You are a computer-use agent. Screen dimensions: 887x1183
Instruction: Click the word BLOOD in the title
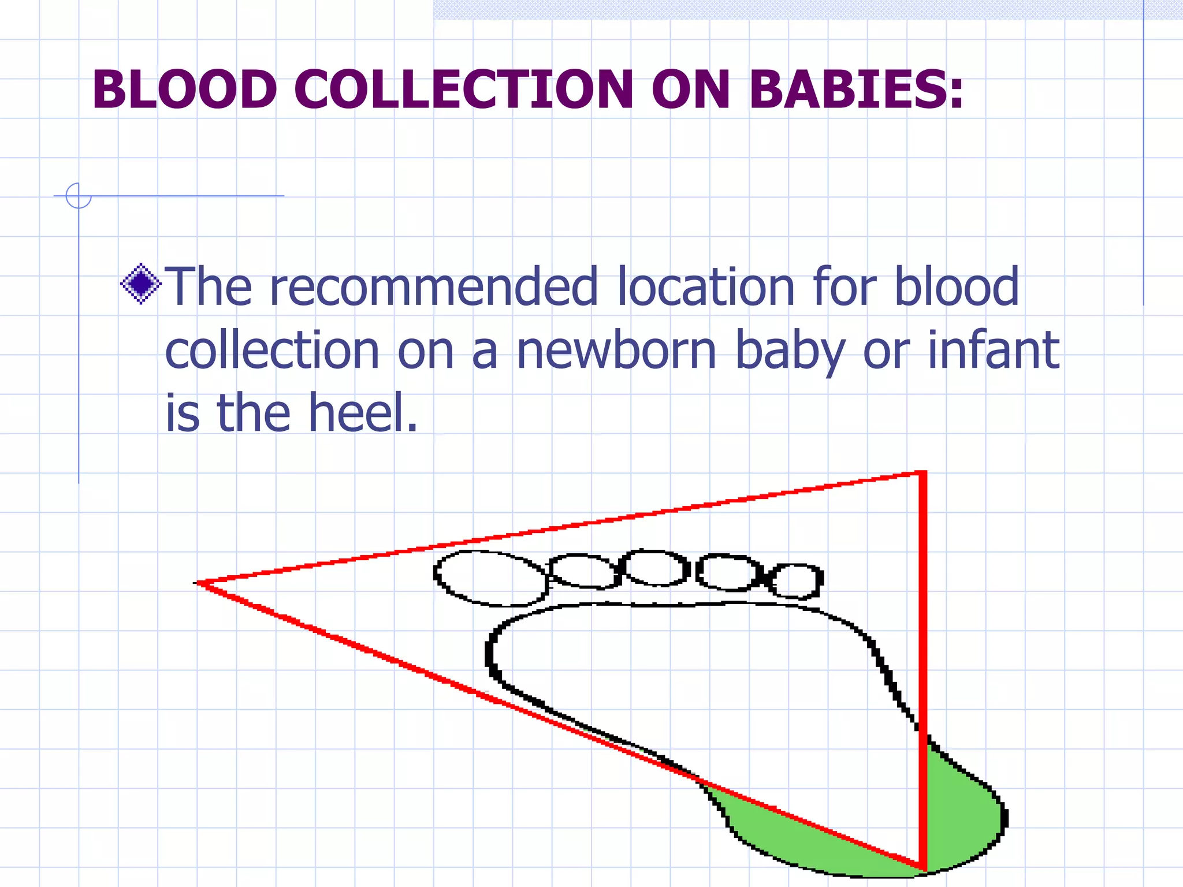pos(184,90)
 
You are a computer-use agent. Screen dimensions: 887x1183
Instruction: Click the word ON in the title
pos(691,90)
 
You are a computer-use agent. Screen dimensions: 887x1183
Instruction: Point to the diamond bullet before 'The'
pos(141,284)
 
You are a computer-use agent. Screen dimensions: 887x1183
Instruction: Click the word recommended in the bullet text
pos(433,286)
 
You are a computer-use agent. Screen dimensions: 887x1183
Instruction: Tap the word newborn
pos(616,351)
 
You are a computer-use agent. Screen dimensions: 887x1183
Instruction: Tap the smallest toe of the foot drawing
pos(797,581)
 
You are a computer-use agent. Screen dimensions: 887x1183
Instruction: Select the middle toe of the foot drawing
pos(654,568)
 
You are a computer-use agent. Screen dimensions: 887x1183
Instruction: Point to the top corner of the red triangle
pos(922,474)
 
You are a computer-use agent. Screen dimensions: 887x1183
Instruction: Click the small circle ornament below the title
pos(79,196)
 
